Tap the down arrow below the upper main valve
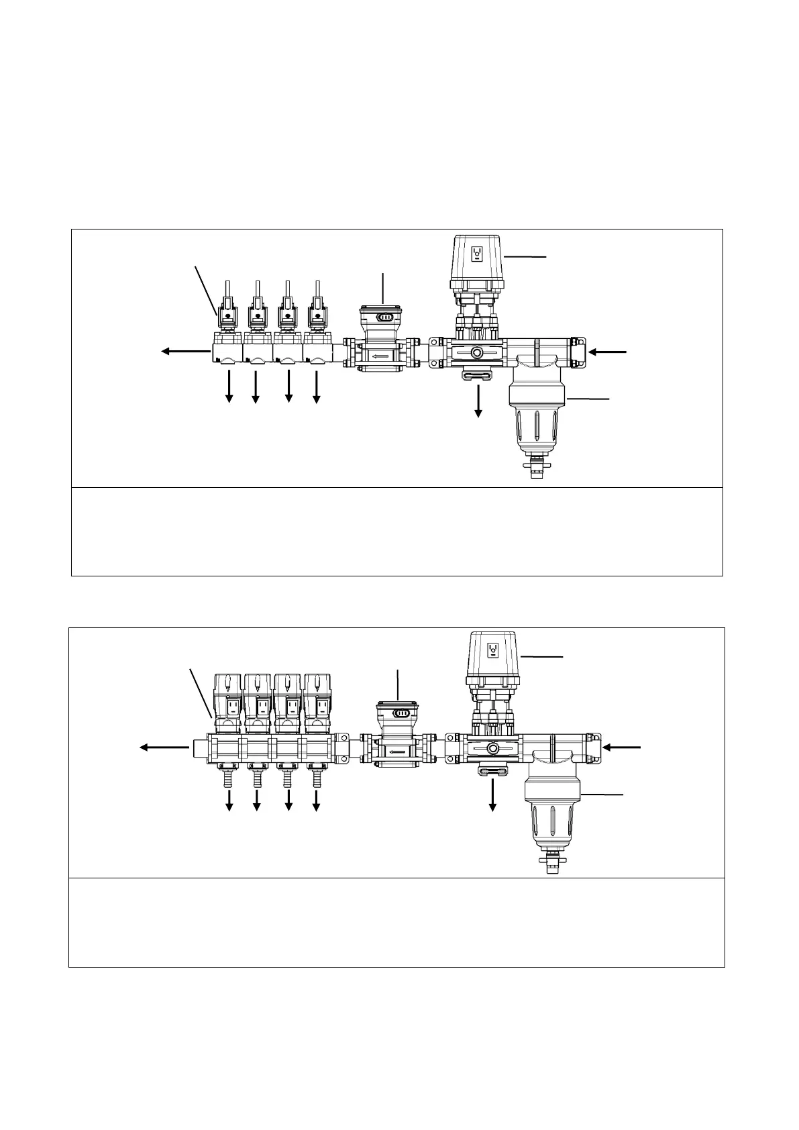point(478,401)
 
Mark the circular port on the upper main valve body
point(477,352)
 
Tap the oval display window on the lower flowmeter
point(401,713)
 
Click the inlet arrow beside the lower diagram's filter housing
point(622,747)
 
